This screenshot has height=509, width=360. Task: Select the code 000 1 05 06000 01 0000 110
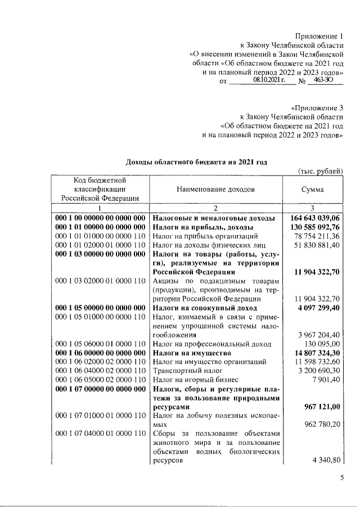[x=101, y=344]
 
